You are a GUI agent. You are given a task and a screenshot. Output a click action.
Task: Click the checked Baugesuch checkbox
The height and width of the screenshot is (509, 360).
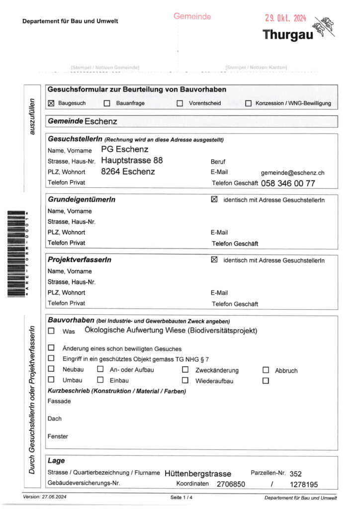click(x=51, y=103)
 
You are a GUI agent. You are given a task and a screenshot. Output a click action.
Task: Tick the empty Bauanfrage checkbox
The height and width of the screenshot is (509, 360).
click(x=106, y=103)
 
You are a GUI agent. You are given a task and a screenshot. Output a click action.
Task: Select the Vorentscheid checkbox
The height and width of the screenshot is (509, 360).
click(x=180, y=103)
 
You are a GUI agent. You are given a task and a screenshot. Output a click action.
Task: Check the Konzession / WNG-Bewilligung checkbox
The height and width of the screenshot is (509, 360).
click(x=248, y=103)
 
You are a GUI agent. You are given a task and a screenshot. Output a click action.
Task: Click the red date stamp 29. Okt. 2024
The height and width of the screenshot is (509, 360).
click(x=285, y=18)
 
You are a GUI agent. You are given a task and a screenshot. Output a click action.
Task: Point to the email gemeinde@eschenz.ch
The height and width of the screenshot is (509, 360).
click(x=292, y=173)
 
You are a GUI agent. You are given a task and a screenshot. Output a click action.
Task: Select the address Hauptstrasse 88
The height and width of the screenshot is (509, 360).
click(x=132, y=161)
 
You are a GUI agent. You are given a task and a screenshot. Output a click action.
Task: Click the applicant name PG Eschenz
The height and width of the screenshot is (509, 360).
click(x=124, y=149)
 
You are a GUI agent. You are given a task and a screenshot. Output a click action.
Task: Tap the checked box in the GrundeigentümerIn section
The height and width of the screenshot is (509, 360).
click(x=214, y=199)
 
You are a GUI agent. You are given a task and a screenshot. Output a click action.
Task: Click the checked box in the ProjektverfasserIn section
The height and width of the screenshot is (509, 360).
click(x=214, y=259)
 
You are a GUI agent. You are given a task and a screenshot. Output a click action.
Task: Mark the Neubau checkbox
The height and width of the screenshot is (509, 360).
click(x=51, y=369)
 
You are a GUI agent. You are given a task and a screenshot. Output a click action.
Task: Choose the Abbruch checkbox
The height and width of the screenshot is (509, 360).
click(x=266, y=370)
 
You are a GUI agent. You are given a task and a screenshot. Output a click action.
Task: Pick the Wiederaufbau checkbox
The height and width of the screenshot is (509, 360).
click(x=185, y=381)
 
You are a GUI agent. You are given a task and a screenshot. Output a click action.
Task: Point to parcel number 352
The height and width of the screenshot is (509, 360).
click(x=296, y=474)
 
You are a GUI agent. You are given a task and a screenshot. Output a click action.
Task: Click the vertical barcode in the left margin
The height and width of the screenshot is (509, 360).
click(x=18, y=254)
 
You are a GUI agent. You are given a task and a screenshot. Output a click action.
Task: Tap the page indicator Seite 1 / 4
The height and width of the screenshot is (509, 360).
click(x=181, y=498)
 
